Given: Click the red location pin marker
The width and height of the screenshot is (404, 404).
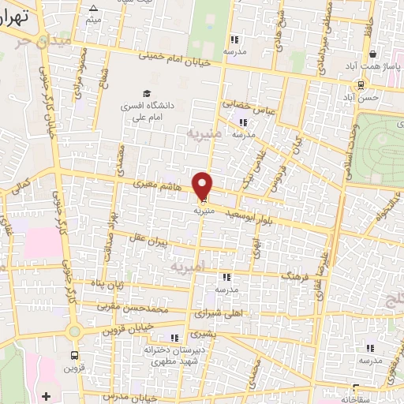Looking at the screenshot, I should [x=204, y=185].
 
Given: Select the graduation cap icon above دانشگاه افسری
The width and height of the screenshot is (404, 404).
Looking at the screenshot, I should [x=145, y=93].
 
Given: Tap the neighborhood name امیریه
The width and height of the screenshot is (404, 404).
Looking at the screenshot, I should [x=188, y=268].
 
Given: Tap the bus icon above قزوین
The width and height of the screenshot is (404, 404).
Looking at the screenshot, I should [x=74, y=356].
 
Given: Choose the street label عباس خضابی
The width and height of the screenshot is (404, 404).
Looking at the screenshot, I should [x=249, y=107].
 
